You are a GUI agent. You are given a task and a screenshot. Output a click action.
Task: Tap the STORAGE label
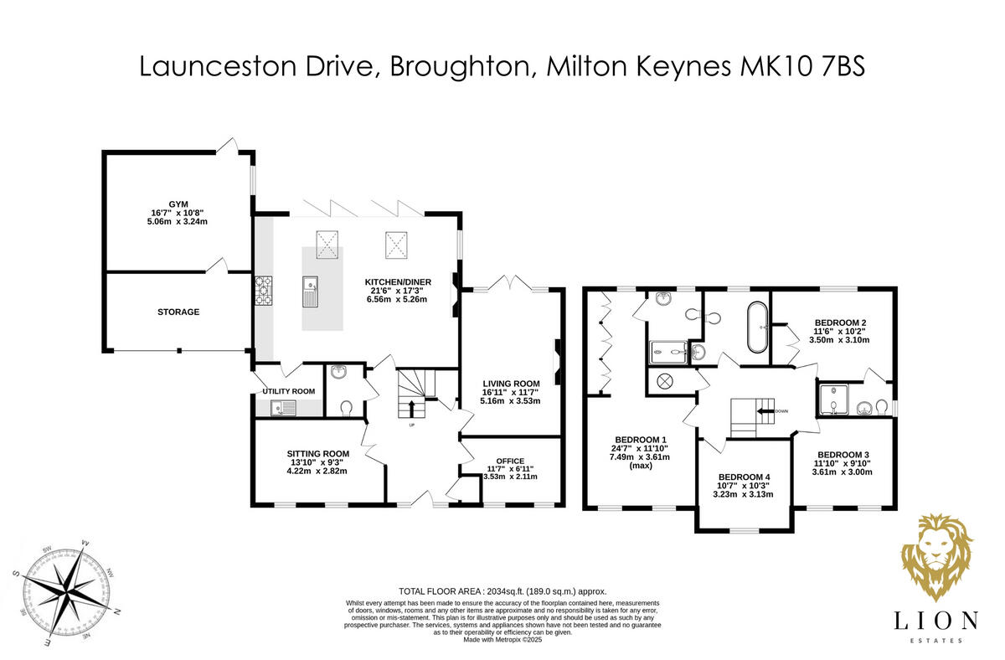click(178, 312)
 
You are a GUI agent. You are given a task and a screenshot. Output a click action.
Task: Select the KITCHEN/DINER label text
click(398, 282)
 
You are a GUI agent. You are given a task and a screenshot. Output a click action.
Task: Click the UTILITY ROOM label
click(288, 391)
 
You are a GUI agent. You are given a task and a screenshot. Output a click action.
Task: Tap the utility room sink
click(283, 408)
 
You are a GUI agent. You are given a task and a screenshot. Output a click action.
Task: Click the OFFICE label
click(510, 461)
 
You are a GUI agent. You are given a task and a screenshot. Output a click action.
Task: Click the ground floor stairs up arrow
click(411, 408)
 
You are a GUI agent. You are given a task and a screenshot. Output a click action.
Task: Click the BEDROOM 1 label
click(641, 440)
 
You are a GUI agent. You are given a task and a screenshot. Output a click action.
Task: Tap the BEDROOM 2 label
click(839, 322)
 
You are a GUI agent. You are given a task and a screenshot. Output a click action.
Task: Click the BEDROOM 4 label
click(743, 477)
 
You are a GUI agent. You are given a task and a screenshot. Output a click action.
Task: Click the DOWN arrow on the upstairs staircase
click(765, 411)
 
